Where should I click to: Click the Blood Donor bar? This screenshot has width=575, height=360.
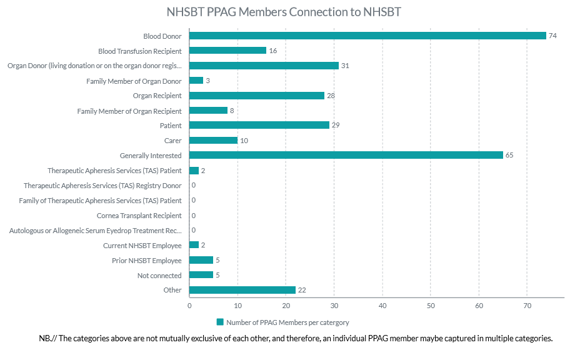click(x=367, y=36)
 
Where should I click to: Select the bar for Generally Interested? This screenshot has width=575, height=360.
click(x=346, y=155)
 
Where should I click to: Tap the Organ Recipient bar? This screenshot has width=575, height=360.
click(x=257, y=96)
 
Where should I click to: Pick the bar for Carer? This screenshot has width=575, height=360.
click(x=213, y=141)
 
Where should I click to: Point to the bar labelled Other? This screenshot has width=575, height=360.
click(x=242, y=290)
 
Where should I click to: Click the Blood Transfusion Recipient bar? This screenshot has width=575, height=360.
click(x=227, y=51)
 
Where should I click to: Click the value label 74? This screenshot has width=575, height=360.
click(x=552, y=36)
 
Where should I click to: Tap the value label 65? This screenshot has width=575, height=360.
click(x=509, y=155)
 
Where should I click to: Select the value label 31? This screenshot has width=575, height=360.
click(x=345, y=66)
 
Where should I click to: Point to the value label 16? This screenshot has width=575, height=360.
click(x=272, y=51)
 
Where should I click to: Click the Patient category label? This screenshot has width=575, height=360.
click(x=171, y=126)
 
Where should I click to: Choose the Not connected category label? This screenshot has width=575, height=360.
click(x=159, y=276)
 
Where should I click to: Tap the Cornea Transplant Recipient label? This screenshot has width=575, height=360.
click(x=139, y=216)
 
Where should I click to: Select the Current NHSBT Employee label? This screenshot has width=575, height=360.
click(x=142, y=246)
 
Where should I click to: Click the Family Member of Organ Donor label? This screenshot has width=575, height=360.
click(x=134, y=81)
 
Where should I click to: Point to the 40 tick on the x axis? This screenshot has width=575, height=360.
click(x=382, y=305)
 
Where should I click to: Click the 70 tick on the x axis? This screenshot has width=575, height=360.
click(x=527, y=305)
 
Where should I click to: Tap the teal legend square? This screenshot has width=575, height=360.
click(x=220, y=322)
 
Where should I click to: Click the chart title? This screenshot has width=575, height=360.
click(x=284, y=12)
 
